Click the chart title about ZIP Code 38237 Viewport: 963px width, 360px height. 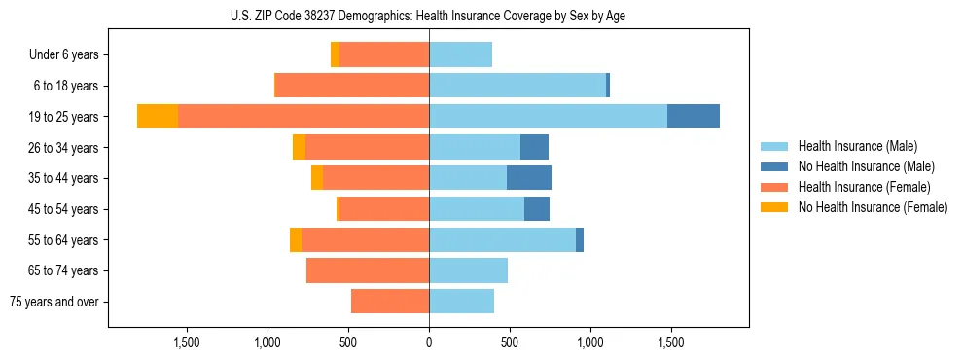tap(428, 16)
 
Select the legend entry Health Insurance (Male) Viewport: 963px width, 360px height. tap(857, 146)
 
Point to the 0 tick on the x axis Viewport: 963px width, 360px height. tap(429, 342)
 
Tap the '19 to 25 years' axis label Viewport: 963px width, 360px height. tap(65, 117)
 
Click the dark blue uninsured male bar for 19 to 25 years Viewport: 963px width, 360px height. tap(694, 117)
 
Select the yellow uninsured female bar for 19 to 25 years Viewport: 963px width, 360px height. tap(158, 117)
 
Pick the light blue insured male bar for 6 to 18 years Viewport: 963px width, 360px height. tap(517, 86)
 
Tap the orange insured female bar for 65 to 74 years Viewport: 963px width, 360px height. tap(368, 270)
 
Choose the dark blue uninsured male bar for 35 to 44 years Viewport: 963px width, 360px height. tap(529, 178)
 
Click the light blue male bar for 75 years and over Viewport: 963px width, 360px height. tap(461, 302)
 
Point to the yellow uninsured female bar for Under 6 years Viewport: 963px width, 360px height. tap(335, 55)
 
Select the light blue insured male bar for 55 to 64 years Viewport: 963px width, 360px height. tap(502, 239)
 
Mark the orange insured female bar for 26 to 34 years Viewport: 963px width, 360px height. tap(368, 147)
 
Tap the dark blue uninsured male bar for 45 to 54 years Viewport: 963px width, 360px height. tap(537, 209)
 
